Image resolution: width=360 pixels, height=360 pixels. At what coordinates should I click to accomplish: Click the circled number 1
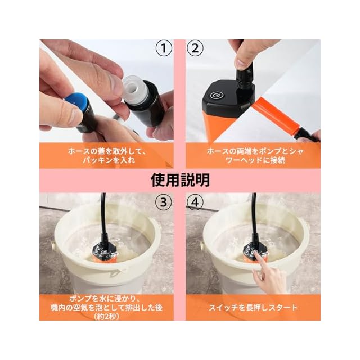point(164,48)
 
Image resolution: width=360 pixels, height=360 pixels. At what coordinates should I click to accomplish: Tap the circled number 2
point(195,48)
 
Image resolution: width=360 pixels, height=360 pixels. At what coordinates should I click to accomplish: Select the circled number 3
point(164,202)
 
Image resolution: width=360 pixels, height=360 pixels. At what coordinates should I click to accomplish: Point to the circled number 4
point(195,202)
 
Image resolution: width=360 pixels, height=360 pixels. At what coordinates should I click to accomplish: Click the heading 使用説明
point(180,180)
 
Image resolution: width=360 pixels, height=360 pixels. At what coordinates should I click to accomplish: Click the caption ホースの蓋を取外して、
point(107,151)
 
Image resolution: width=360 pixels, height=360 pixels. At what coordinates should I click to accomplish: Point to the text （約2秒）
point(106,317)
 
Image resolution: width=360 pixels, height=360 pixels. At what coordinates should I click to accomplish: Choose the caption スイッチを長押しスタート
point(253,308)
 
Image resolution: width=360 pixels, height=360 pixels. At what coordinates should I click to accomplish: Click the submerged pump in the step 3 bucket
point(105,253)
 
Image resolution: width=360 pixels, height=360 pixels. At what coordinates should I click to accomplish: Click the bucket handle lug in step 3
point(53,245)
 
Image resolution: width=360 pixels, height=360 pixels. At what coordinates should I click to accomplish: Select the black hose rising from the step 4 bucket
point(254,218)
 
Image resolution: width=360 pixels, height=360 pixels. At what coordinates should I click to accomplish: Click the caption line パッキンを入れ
point(109,160)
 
